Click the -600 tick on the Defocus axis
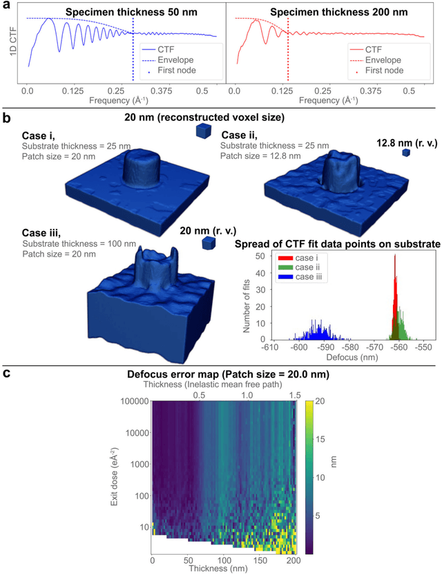click(299, 349)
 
